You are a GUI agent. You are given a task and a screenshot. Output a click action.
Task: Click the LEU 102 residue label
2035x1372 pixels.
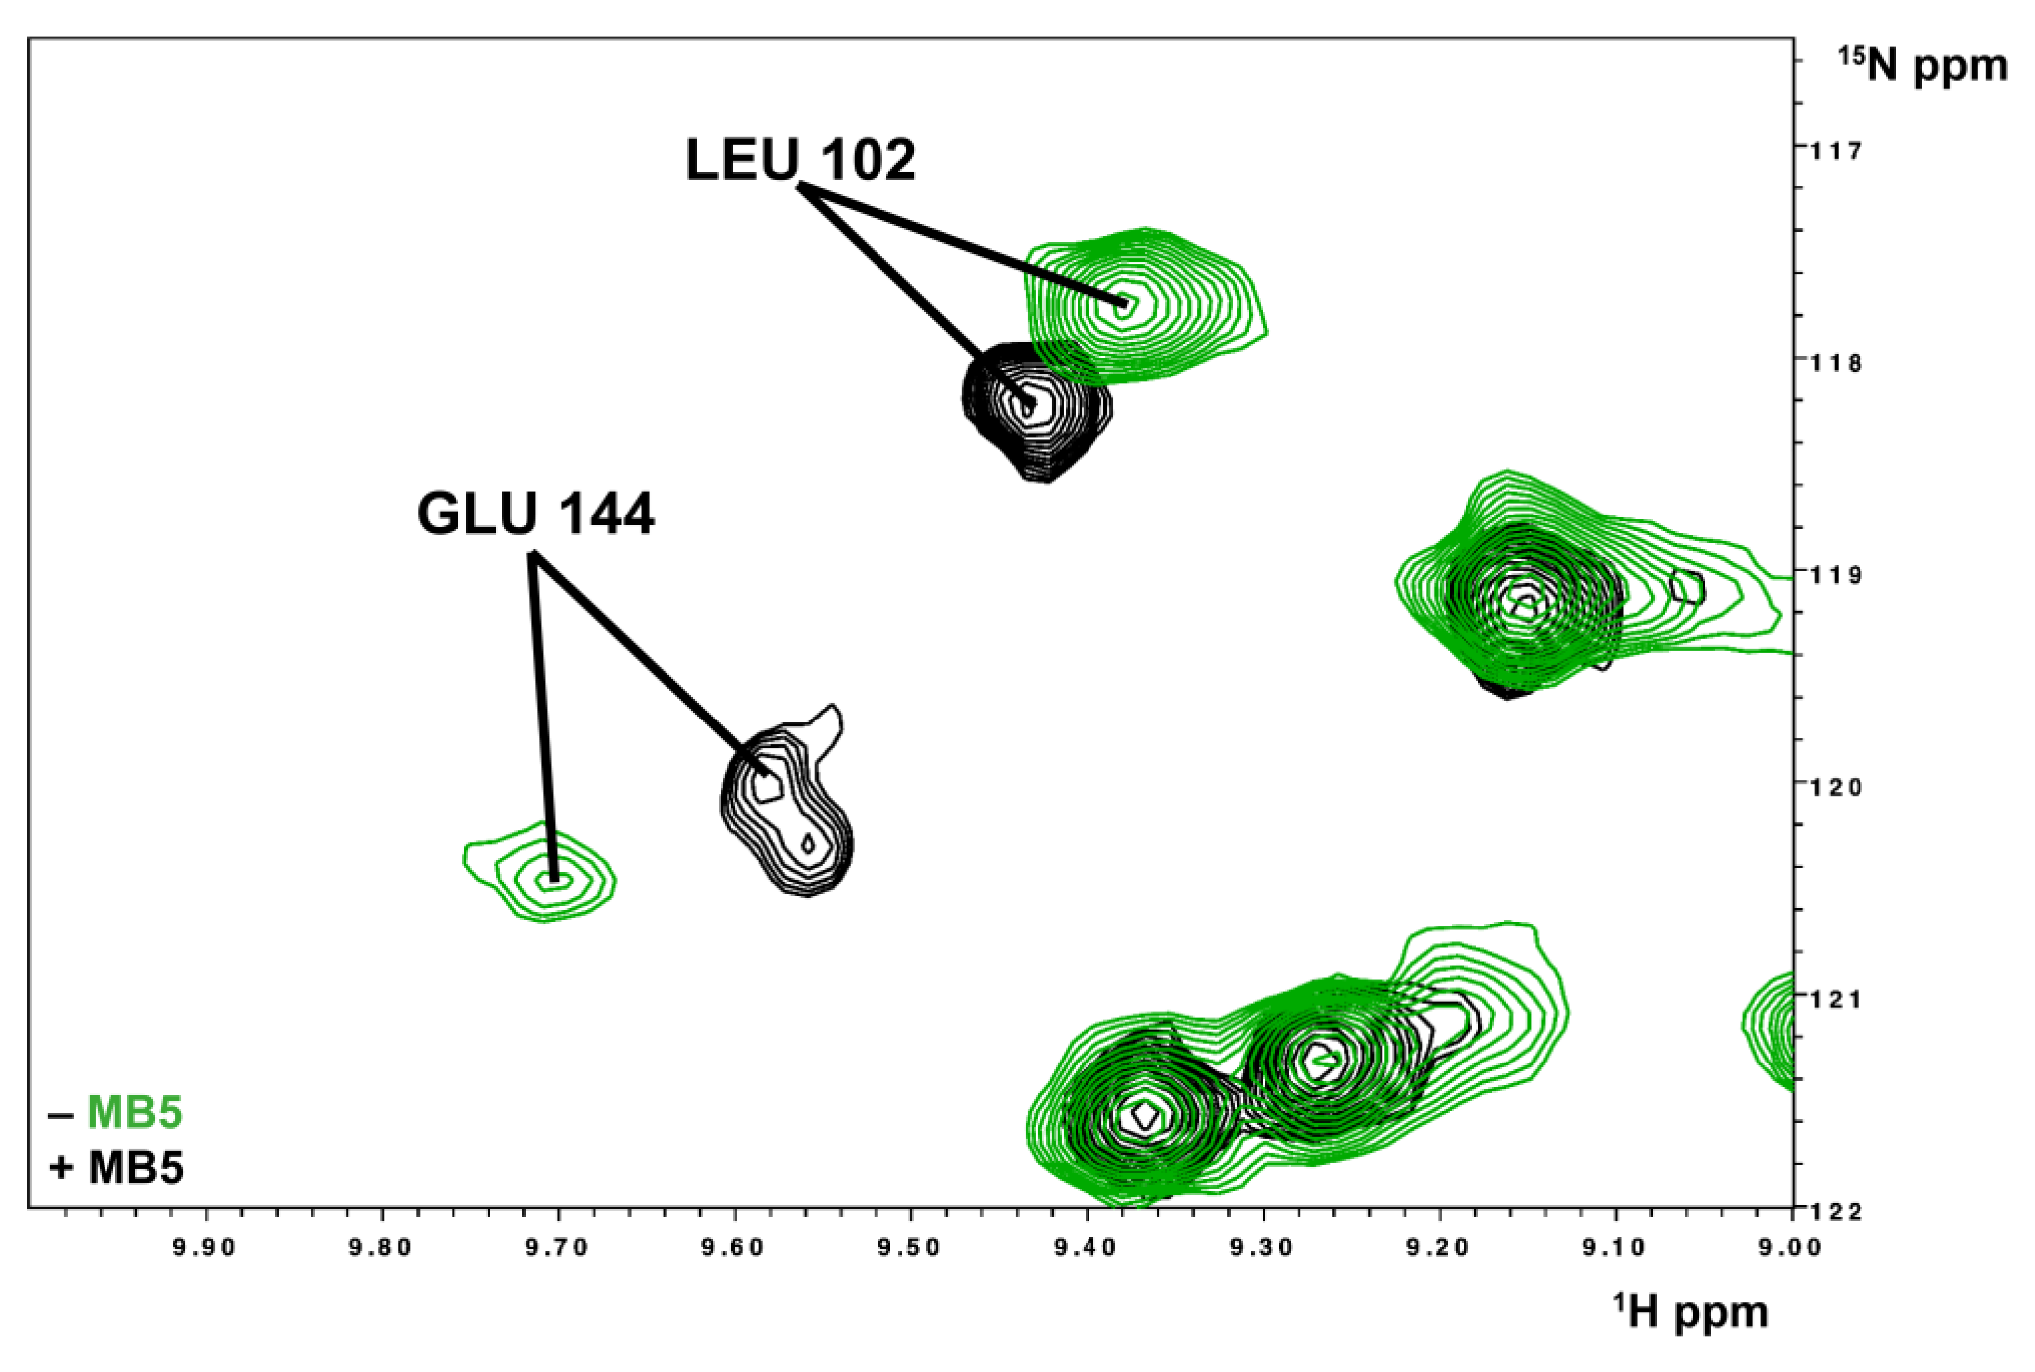click(800, 160)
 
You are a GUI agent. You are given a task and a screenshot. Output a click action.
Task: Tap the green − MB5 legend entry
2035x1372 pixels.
click(116, 1113)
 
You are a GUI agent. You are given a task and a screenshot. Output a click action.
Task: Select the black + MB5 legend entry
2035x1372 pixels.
click(116, 1168)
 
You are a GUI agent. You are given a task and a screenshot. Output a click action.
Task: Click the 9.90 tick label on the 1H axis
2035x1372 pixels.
click(206, 1247)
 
